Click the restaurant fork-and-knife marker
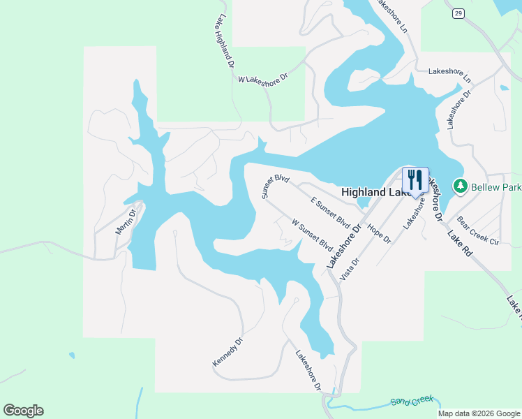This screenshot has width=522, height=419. coord(415,179)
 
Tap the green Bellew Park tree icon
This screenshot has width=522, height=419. coord(461,186)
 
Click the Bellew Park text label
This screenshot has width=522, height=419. coord(496,187)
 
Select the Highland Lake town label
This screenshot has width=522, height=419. coord(370,191)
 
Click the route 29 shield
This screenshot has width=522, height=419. coord(458,13)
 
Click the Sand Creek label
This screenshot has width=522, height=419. coord(412,401)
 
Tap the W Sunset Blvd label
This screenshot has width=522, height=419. coord(311,236)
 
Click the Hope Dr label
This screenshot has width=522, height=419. coord(379,234)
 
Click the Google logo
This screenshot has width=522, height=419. coord(23,411)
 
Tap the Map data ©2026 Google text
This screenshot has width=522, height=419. coord(478,413)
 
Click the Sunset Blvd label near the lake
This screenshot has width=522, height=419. coord(276,186)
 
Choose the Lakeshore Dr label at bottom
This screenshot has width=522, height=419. coord(308,369)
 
